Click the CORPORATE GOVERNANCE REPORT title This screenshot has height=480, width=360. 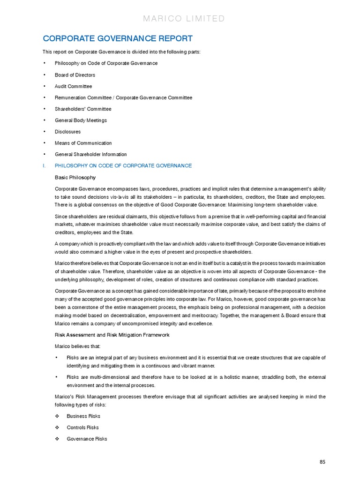click(117, 38)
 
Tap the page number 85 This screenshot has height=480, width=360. click(322, 462)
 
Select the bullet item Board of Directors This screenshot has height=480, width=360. click(75, 75)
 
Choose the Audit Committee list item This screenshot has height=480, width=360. click(73, 86)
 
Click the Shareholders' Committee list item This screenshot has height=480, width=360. click(83, 109)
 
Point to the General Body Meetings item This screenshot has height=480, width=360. click(81, 120)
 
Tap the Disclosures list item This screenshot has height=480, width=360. click(67, 132)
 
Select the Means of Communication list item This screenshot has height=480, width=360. click(83, 143)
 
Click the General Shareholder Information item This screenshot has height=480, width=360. click(90, 154)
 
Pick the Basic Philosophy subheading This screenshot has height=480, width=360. click(75, 177)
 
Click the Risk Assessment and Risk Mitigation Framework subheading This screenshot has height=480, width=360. click(112, 335)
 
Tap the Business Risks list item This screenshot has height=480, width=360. click(83, 416)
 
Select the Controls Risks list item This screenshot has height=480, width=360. click(82, 427)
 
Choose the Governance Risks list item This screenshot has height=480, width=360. click(87, 439)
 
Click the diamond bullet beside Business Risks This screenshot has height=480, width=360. click(57, 416)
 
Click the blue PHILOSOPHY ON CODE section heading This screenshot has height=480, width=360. click(123, 165)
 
